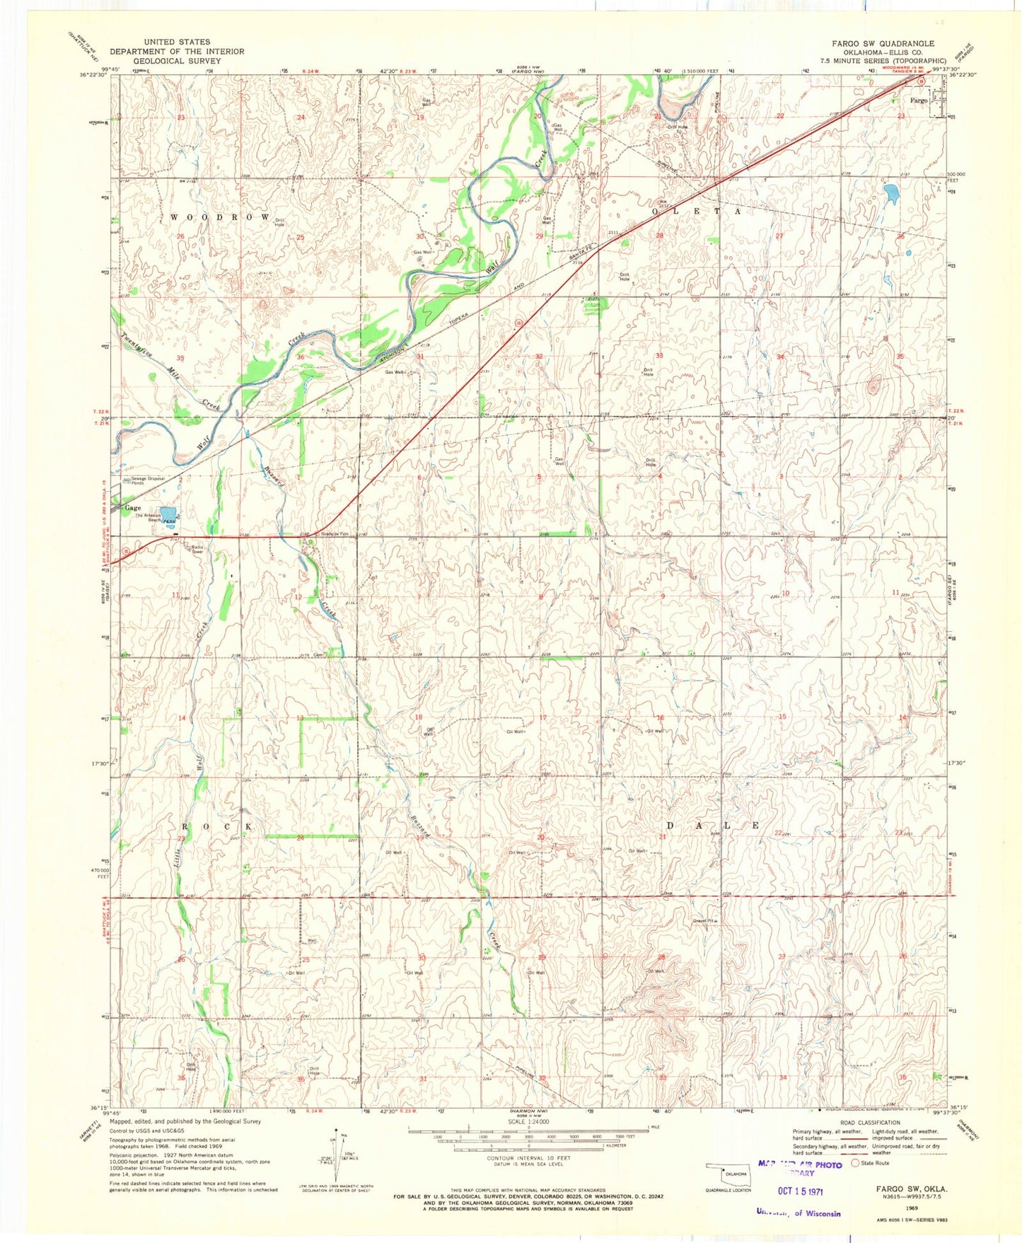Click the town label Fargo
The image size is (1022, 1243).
point(918,100)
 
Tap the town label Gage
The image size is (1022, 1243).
point(132,508)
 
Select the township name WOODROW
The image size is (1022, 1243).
point(219,216)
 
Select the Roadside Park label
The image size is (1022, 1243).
point(335,533)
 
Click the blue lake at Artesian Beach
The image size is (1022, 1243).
point(168,513)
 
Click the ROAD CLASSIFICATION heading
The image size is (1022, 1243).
point(870,1122)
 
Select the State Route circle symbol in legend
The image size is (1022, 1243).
point(855,1162)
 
